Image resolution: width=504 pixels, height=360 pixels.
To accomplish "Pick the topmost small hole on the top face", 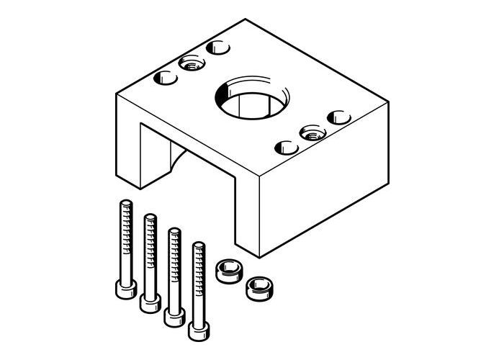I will click(215, 48).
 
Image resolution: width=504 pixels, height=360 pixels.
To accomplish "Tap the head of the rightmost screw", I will click(198, 329).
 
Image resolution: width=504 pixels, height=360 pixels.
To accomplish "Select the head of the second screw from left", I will click(149, 302).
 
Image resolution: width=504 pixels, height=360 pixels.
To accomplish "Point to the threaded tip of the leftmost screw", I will click(124, 206).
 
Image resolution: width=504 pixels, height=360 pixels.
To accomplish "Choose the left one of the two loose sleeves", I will click(228, 272).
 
